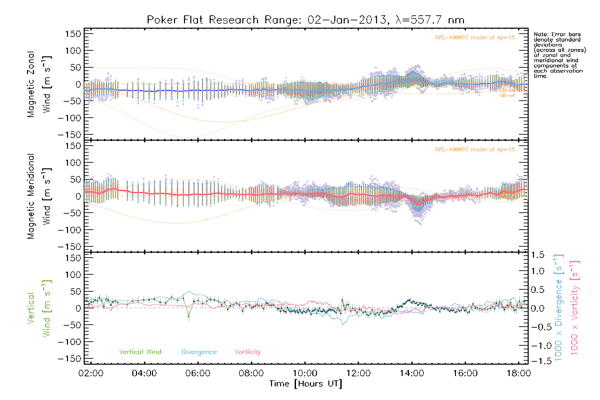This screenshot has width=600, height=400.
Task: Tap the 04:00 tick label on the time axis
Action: pyautogui.click(x=144, y=373)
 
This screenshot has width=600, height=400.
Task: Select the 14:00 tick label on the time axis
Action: pyautogui.click(x=412, y=373)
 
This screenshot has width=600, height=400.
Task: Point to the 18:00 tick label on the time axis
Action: pyautogui.click(x=519, y=373)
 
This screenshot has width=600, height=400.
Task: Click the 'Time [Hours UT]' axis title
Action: pyautogui.click(x=306, y=384)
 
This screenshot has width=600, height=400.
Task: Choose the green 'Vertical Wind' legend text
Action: pyautogui.click(x=140, y=352)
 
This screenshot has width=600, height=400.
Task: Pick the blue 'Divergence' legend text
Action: pyautogui.click(x=199, y=352)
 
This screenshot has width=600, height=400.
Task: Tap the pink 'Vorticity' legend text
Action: pyautogui.click(x=247, y=352)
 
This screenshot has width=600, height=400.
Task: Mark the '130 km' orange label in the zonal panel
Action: pyautogui.click(x=507, y=96)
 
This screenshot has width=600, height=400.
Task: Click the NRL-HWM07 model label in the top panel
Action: pyautogui.click(x=475, y=38)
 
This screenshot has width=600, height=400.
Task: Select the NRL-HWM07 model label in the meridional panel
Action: pyautogui.click(x=475, y=150)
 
